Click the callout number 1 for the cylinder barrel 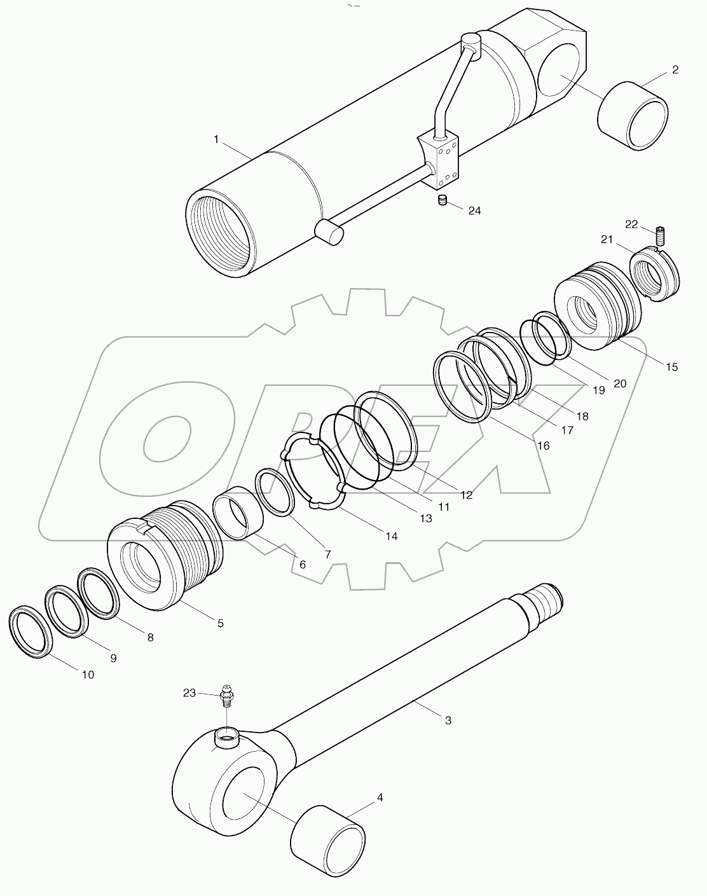pos(216,139)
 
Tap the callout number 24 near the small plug pos(474,210)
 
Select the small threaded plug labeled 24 pos(443,201)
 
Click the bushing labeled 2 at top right pos(633,116)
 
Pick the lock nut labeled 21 pos(656,275)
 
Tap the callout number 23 pos(189,694)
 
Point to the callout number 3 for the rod pos(448,720)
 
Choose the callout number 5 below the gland pos(220,623)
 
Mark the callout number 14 pos(391,536)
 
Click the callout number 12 pos(467,495)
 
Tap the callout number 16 pos(543,446)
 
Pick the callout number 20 pos(620,383)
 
